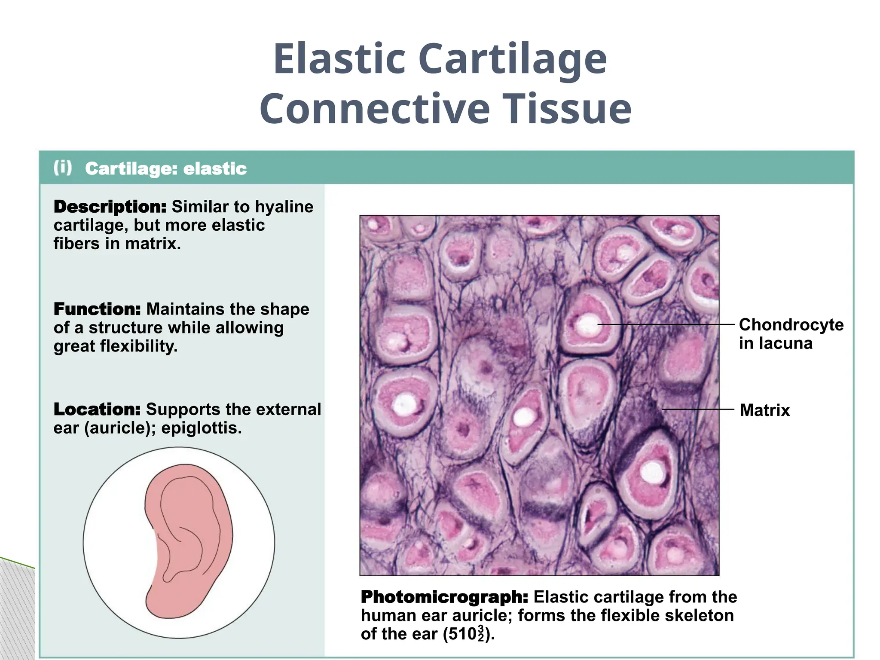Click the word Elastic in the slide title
tap(339, 59)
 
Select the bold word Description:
tap(110, 207)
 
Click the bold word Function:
tap(97, 309)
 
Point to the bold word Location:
tap(97, 409)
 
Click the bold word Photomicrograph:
tap(444, 597)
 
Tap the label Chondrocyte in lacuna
tap(791, 334)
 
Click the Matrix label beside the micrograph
tap(765, 410)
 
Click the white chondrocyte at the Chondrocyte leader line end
tap(587, 324)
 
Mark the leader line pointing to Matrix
tap(698, 409)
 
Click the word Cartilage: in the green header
tap(131, 168)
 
